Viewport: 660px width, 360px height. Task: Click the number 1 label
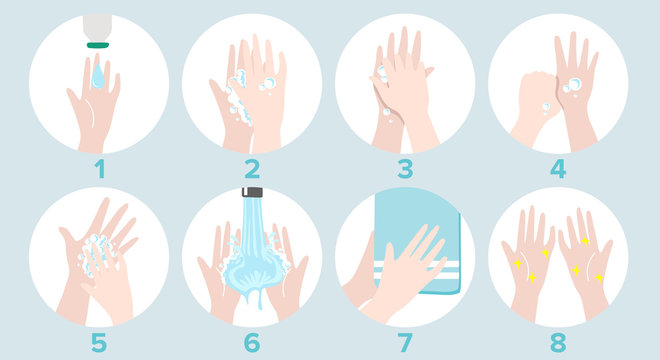pyautogui.click(x=99, y=169)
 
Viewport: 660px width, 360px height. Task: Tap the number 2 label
pyautogui.click(x=252, y=169)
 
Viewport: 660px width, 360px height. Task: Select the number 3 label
pyautogui.click(x=405, y=169)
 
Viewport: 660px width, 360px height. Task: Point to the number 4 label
pyautogui.click(x=558, y=169)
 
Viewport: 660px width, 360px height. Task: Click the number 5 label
pyautogui.click(x=99, y=342)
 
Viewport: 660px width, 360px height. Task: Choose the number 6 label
pyautogui.click(x=252, y=342)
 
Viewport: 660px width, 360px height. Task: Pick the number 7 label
pyautogui.click(x=405, y=342)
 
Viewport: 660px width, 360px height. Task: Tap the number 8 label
pyautogui.click(x=558, y=342)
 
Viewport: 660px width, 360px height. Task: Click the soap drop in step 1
pyautogui.click(x=98, y=72)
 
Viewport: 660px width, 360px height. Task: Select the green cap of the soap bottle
pyautogui.click(x=98, y=43)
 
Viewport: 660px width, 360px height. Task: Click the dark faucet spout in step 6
pyautogui.click(x=252, y=191)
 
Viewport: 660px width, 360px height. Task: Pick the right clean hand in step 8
pyautogui.click(x=584, y=255)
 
